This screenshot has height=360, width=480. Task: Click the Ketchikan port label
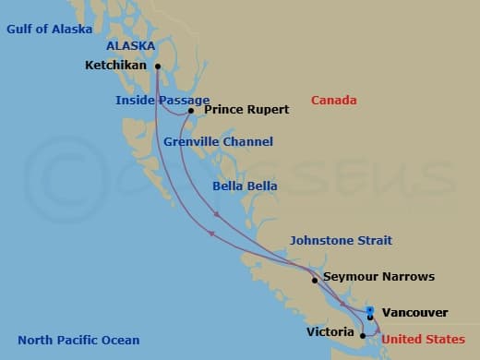(116, 66)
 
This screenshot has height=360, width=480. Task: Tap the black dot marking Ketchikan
(158, 66)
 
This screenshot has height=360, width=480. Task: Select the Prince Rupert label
(246, 110)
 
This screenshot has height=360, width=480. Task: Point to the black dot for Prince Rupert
(191, 111)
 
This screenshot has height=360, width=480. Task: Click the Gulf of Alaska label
(49, 29)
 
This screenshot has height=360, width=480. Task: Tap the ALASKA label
(130, 45)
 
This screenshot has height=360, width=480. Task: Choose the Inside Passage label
(155, 100)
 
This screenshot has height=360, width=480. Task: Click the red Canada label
(334, 100)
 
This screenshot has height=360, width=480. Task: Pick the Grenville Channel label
(218, 142)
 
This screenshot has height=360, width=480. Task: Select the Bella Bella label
(240, 186)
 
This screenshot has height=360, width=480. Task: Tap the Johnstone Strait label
(340, 240)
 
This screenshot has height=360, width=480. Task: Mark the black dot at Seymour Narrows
(315, 280)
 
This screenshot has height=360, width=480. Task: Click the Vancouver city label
(414, 313)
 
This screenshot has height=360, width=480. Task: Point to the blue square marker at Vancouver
(369, 309)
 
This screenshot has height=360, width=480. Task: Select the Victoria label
(330, 331)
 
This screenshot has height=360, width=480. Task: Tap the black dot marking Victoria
(363, 335)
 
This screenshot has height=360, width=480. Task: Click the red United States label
(423, 340)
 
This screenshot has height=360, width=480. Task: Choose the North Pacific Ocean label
(78, 340)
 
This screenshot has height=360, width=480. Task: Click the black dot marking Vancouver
(370, 318)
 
